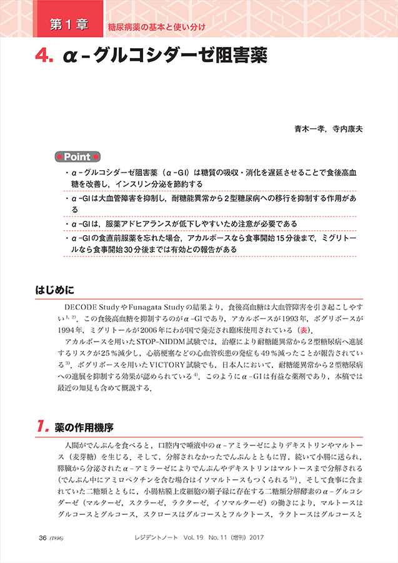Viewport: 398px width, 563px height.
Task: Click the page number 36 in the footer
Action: (x=42, y=537)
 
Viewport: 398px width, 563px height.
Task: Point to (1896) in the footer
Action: (x=58, y=537)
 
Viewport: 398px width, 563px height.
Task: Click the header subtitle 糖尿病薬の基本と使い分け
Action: (x=156, y=26)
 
